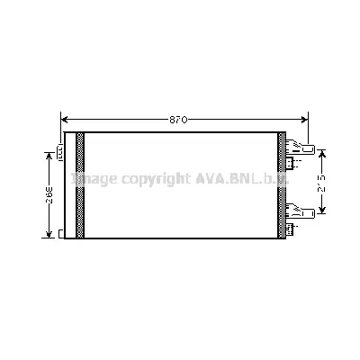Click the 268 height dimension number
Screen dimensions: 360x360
[50, 193]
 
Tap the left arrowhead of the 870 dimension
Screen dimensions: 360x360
[64, 119]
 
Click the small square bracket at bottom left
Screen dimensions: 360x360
[60, 235]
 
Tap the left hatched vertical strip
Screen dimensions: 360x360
[80, 185]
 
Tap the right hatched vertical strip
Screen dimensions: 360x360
[282, 185]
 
